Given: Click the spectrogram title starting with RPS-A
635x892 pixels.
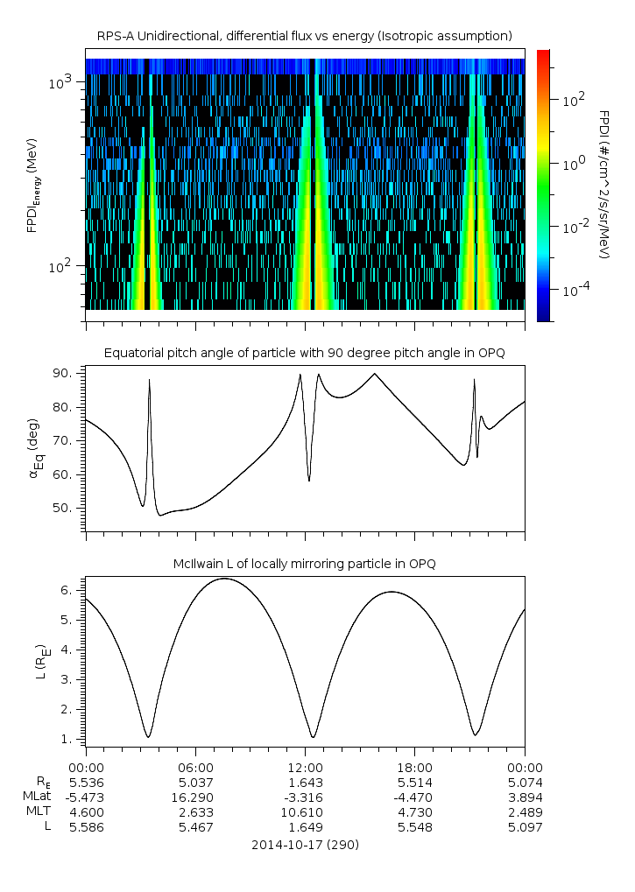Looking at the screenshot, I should coord(304,36).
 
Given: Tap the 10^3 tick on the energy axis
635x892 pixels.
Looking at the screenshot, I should coord(63,82).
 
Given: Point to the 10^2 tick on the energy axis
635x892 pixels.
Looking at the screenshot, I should coord(63,266).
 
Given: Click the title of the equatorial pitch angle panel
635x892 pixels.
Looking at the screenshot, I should coord(304,353).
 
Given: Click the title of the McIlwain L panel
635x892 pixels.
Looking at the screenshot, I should coord(304,564).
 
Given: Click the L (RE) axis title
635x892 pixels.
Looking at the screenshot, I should coord(39,662).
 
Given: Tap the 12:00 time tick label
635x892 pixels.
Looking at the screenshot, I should coord(305,767).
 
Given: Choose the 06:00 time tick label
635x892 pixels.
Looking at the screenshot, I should coord(195,767).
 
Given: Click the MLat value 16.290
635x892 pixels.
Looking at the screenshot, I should coord(195,797).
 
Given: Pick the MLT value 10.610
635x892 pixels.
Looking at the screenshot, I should coord(305,811).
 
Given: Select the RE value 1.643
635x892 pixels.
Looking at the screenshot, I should coord(305,782).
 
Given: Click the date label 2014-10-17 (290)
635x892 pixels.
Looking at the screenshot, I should coord(305,845).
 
